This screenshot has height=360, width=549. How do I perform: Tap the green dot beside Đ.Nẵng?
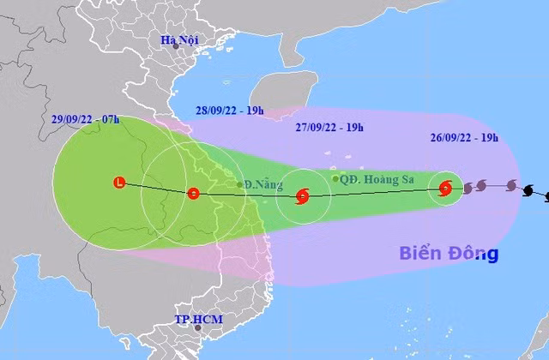pyautogui.click(x=239, y=184)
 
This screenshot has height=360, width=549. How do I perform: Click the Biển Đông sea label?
pyautogui.click(x=449, y=254)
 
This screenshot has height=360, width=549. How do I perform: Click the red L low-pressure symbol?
pyautogui.click(x=119, y=181)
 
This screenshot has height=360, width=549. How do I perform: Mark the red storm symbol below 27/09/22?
pyautogui.click(x=302, y=196)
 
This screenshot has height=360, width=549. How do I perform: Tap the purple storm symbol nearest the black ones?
pyautogui.click(x=511, y=185)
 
